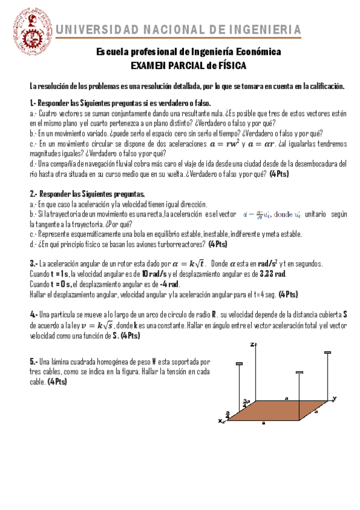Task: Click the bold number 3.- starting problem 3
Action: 34,263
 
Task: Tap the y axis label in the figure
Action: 334,398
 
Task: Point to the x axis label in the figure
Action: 221,421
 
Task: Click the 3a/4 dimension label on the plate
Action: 245,401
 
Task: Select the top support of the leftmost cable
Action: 239,364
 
